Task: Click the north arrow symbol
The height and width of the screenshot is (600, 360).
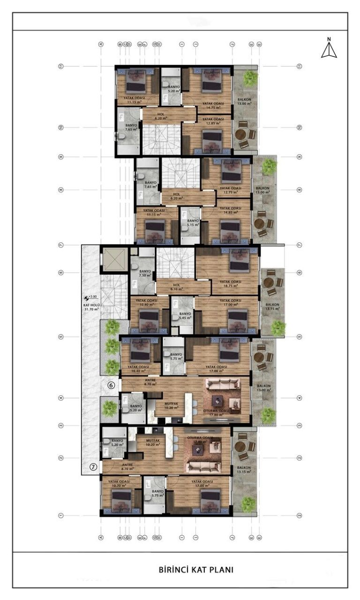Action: [329, 49]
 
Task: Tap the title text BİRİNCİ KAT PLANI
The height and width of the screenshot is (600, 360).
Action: [196, 570]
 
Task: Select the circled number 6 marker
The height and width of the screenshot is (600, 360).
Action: [111, 385]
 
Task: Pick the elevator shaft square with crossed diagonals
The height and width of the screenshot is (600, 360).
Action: [114, 259]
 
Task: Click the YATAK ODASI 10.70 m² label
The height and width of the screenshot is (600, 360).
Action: [119, 483]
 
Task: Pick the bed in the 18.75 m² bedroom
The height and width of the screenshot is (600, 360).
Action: [239, 261]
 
